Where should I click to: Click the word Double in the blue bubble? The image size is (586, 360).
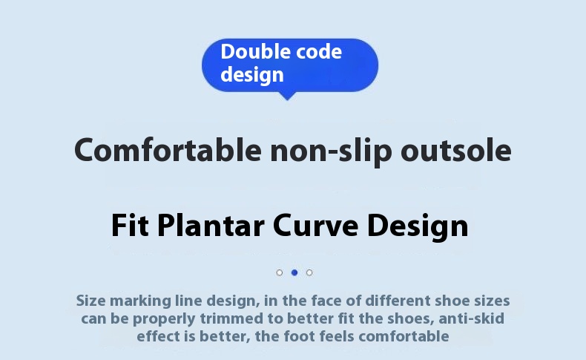256,52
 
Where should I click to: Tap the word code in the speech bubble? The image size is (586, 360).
319,52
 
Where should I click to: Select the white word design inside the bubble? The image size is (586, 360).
252,74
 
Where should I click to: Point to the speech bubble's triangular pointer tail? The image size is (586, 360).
287,96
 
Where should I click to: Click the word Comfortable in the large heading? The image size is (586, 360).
168,150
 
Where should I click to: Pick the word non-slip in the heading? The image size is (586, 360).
331,151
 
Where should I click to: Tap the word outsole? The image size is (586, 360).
456,150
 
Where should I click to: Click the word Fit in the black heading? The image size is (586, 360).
130,226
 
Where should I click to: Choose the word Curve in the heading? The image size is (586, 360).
316,226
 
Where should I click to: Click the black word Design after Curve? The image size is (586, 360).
418,227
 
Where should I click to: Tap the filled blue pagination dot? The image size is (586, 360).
294,272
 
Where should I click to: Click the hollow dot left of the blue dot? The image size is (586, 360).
280,272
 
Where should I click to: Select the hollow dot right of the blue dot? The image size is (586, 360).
309,272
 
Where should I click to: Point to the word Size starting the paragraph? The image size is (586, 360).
90,301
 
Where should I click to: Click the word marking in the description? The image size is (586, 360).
140,301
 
